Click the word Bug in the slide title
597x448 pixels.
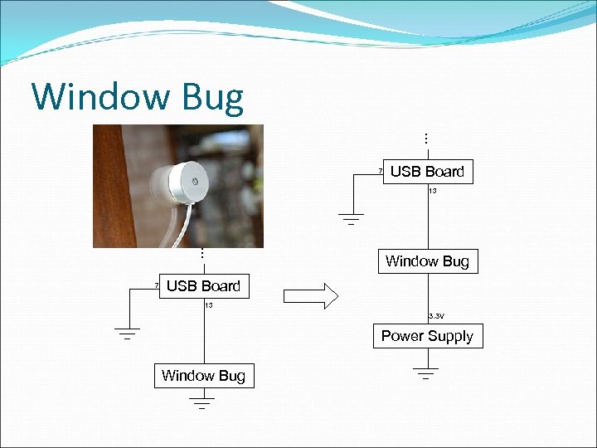point(214,98)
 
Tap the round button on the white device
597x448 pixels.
point(195,179)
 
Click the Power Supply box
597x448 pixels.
point(427,336)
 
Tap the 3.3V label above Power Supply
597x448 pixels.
point(436,316)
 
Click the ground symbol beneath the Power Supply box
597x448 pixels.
point(427,372)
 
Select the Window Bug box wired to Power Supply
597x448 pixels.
point(427,261)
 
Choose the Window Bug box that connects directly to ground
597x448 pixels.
point(203,376)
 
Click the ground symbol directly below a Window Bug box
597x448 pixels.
point(202,403)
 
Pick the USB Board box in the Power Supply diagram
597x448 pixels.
point(427,172)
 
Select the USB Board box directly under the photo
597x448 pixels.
point(203,286)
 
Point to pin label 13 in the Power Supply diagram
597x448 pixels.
point(433,191)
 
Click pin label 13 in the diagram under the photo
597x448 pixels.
point(209,305)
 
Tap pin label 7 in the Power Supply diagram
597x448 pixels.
point(380,172)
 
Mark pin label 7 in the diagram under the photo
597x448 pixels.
point(156,286)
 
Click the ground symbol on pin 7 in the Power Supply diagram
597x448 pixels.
point(351,219)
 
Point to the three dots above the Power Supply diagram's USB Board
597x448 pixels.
point(426,138)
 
